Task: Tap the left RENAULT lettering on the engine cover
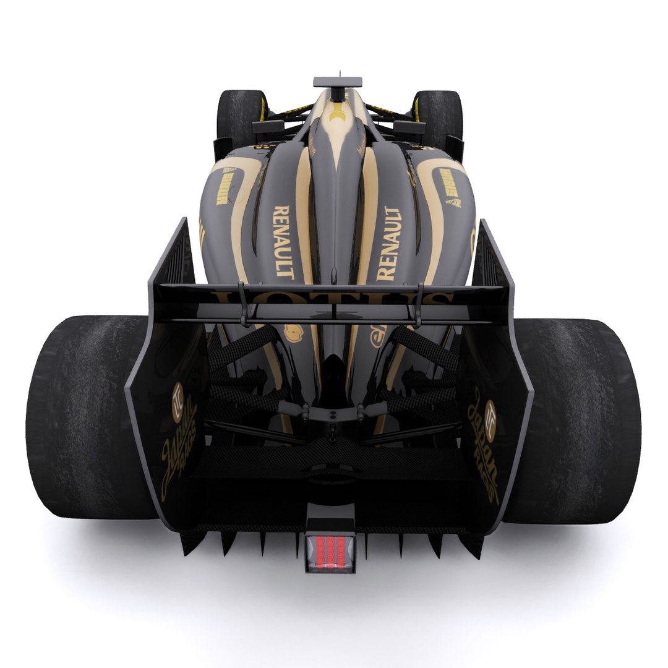282,241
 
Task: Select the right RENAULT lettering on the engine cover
388,243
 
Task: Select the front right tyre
439,118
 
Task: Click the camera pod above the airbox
337,82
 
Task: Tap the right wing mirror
409,128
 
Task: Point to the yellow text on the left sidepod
222,187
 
